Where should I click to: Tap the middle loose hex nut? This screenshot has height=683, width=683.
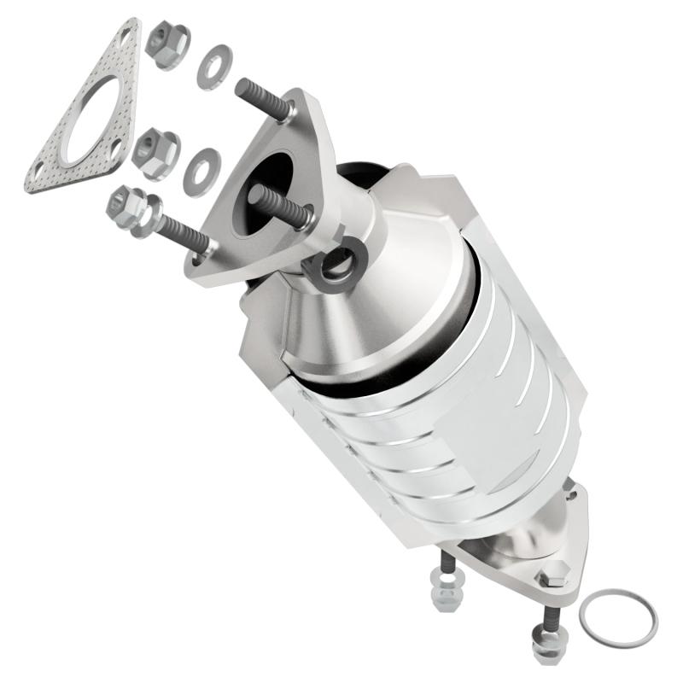pos(155,152)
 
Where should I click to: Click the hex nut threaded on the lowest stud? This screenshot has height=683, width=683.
pos(130,207)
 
